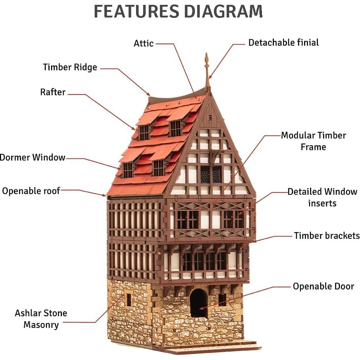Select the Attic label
click(143, 43)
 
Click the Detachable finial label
click(283, 42)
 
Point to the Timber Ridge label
click(70, 67)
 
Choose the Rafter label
click(53, 92)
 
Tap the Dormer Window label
click(33, 157)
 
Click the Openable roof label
click(31, 191)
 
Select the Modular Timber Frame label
click(313, 141)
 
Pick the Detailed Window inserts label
click(322, 197)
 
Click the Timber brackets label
click(326, 236)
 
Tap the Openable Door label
click(323, 286)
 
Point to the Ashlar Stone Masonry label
click(41, 319)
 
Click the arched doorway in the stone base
click(198, 303)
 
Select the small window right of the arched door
click(222, 300)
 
